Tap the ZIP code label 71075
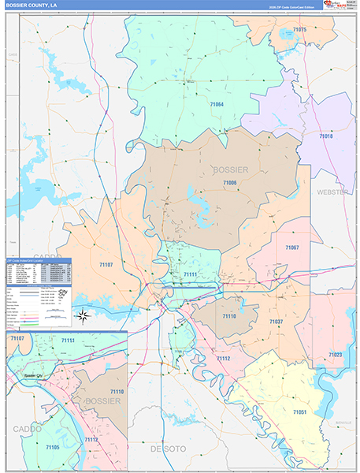(299, 29)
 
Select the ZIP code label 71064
(215, 105)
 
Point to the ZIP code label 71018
(326, 136)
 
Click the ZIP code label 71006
(229, 182)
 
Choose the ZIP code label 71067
(291, 248)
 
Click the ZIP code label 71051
(299, 412)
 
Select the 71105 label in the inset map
(52, 447)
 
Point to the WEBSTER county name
(332, 192)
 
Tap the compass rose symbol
(82, 316)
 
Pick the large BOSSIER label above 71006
(230, 169)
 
